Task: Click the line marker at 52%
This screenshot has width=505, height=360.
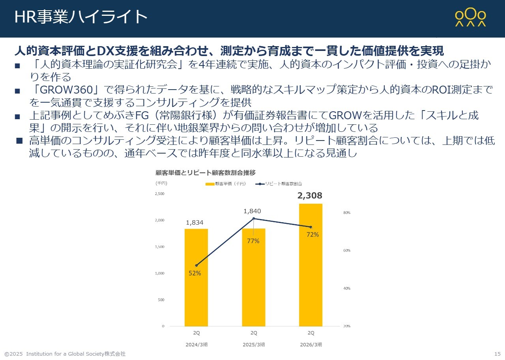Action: (x=196, y=265)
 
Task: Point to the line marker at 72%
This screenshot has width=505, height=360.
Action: (x=311, y=227)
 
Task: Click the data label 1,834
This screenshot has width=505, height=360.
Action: (x=194, y=223)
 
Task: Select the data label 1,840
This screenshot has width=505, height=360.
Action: (x=252, y=211)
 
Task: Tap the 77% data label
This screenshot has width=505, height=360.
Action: (x=253, y=241)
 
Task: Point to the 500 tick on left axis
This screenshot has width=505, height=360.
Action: (x=161, y=300)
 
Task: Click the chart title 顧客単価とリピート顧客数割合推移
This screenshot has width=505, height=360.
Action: (x=206, y=172)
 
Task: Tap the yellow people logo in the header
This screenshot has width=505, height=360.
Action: (x=470, y=17)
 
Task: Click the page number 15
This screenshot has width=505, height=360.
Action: (x=497, y=354)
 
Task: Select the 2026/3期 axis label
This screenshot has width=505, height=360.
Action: (x=310, y=344)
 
